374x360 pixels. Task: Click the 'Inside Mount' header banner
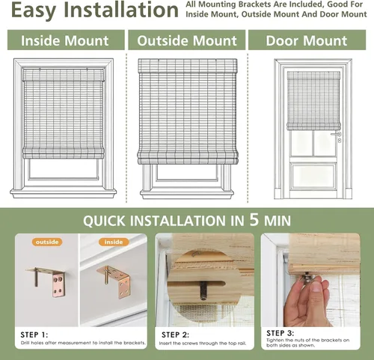click(66, 40)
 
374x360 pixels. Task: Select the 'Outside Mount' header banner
click(187, 40)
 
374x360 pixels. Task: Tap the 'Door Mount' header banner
click(307, 40)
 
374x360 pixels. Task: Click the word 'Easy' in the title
click(34, 10)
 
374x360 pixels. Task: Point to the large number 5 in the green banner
click(254, 219)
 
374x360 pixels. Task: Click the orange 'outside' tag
click(47, 242)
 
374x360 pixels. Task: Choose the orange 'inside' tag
click(114, 242)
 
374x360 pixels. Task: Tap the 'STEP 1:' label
click(34, 335)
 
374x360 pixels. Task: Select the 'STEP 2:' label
click(175, 335)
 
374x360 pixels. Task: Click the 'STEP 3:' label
click(280, 333)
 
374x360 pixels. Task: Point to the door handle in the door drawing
click(336, 135)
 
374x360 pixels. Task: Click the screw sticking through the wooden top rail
click(203, 290)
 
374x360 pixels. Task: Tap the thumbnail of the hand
click(307, 301)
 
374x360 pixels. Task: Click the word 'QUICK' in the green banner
click(104, 221)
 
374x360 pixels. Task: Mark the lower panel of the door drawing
click(313, 176)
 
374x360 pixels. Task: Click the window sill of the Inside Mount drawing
click(64, 193)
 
